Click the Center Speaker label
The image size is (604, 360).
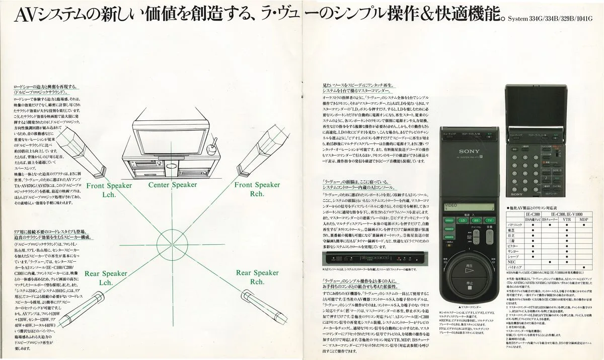pyautogui.click(x=173, y=185)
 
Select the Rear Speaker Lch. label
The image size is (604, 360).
pyautogui.click(x=106, y=278)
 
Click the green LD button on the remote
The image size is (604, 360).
pyautogui.click(x=462, y=221)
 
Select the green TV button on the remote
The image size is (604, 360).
pyautogui.click(x=489, y=221)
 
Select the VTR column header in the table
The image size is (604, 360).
pyautogui.click(x=566, y=220)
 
